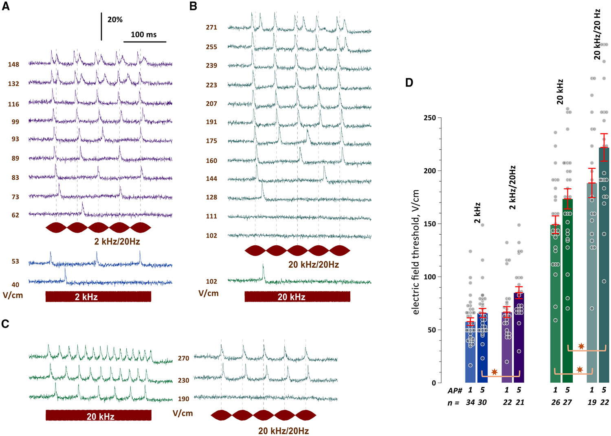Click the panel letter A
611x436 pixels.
coord(6,7)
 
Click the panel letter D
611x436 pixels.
coord(409,83)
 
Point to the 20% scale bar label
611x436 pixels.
coord(115,20)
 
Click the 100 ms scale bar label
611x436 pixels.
coord(143,35)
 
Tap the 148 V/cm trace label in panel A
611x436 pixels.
coord(13,64)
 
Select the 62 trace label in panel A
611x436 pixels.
coord(15,215)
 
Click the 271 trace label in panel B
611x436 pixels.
coord(211,27)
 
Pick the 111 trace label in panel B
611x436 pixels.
coord(211,216)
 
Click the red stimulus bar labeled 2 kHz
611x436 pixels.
coord(98,297)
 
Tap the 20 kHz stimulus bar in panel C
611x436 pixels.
coord(98,416)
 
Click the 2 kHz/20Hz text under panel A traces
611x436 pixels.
coord(117,242)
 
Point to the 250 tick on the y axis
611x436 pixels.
coord(429,118)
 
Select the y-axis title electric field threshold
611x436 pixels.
coord(415,253)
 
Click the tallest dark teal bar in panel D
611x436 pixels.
coord(604,265)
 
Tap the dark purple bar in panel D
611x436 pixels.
coord(519,338)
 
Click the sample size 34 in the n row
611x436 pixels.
coord(470,402)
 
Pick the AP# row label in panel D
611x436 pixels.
coord(455,390)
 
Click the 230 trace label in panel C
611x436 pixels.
coord(183,380)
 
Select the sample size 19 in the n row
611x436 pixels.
coord(592,402)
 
